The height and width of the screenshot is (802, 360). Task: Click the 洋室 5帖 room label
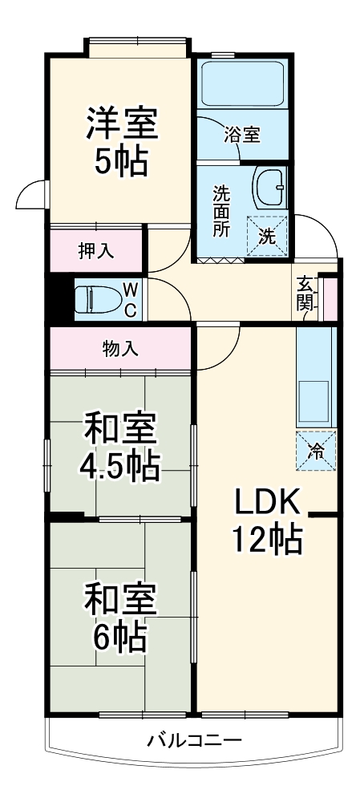(121, 142)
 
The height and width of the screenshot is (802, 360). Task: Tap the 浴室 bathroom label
(241, 135)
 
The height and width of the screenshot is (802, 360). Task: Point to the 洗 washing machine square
(268, 237)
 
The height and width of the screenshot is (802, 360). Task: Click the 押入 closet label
(95, 250)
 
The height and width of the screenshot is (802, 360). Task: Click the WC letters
(131, 299)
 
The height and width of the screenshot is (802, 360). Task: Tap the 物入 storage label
(122, 349)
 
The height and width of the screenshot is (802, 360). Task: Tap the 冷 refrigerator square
(316, 451)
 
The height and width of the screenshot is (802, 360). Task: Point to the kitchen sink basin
(315, 401)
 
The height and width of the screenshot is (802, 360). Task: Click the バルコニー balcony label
(193, 739)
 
